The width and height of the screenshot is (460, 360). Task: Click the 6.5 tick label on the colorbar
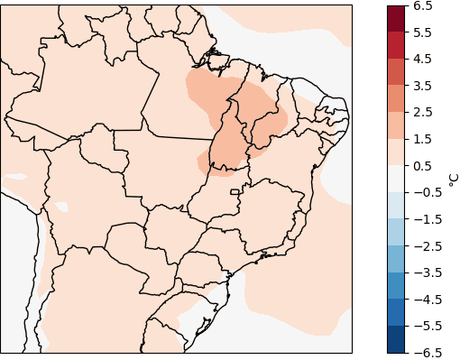click(x=423, y=5)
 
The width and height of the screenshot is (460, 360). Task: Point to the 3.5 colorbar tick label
click(x=423, y=86)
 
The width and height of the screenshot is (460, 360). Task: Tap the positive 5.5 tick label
click(x=423, y=32)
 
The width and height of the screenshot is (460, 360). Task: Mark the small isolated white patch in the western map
click(x=61, y=208)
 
